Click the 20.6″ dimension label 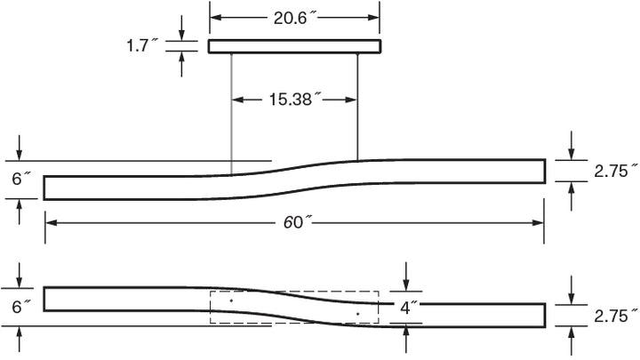[295, 18]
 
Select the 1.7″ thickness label [141, 45]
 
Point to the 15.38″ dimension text [295, 100]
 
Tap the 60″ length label [298, 222]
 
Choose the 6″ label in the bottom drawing [20, 307]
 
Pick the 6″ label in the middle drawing [20, 179]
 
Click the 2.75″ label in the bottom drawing [615, 316]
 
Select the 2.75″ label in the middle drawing [615, 171]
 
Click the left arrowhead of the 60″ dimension [51, 223]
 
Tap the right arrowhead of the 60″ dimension [538, 223]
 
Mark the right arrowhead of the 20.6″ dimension [373, 18]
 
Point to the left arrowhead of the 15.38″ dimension [238, 100]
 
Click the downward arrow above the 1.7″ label [181, 28]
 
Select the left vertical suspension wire [231, 115]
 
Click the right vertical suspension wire [357, 107]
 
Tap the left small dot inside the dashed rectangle [231, 300]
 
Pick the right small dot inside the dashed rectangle [357, 314]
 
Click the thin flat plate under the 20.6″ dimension [295, 46]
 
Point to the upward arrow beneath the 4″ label [405, 339]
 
